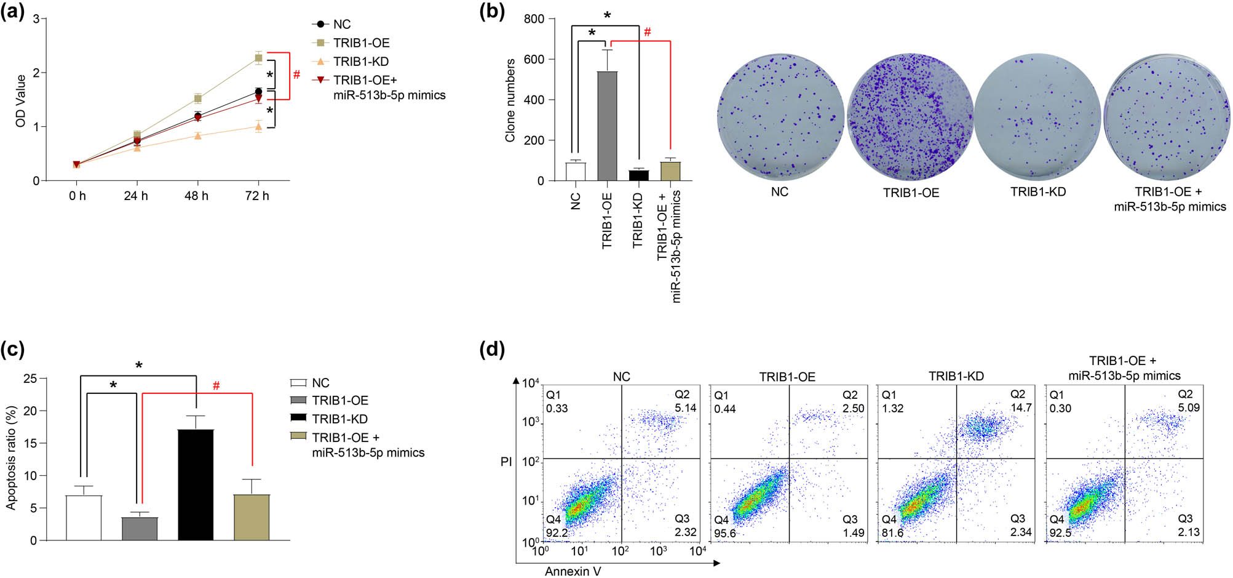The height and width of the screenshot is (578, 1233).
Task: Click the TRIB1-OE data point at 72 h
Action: (x=259, y=58)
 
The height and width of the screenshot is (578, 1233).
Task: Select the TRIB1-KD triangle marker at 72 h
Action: (x=259, y=126)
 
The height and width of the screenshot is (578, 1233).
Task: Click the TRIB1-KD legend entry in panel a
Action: (x=360, y=62)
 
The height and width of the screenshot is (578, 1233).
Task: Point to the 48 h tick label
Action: (x=196, y=196)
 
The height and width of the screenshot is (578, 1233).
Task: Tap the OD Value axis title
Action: (x=21, y=101)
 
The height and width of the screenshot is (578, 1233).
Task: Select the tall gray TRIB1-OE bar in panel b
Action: (x=607, y=126)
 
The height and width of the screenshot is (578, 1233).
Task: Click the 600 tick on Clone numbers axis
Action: (x=534, y=60)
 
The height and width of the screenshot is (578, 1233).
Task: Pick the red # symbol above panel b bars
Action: (x=647, y=32)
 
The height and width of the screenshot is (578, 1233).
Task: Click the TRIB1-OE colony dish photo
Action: (x=910, y=117)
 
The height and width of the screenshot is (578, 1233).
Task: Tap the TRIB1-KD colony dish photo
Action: (x=1037, y=117)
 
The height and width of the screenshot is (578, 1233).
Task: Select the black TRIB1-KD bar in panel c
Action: (x=196, y=484)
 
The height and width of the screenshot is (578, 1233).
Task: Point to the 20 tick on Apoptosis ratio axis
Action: (x=30, y=411)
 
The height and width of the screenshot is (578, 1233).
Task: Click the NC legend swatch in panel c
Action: (x=298, y=383)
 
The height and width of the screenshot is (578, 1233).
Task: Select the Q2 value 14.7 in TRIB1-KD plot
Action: (x=1021, y=407)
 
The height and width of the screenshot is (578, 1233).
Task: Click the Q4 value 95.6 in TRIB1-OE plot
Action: (x=724, y=533)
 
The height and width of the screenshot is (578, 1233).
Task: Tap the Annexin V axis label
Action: (x=573, y=571)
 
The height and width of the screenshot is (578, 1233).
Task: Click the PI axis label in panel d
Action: (x=506, y=462)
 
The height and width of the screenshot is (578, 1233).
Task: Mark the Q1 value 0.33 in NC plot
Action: (x=557, y=409)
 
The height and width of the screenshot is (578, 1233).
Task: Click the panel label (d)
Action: (x=492, y=350)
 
